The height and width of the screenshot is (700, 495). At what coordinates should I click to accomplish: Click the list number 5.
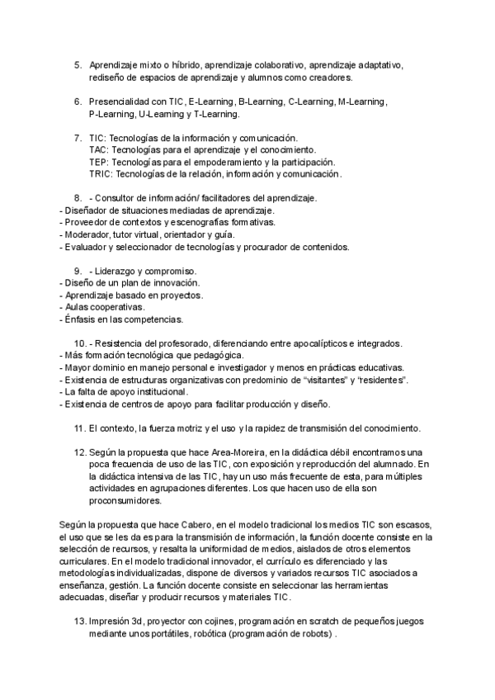click(x=78, y=64)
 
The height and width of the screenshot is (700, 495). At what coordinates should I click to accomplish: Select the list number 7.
click(x=78, y=138)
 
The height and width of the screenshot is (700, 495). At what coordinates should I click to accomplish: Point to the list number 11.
click(x=79, y=428)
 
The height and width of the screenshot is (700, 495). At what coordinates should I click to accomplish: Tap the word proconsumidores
click(x=126, y=501)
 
